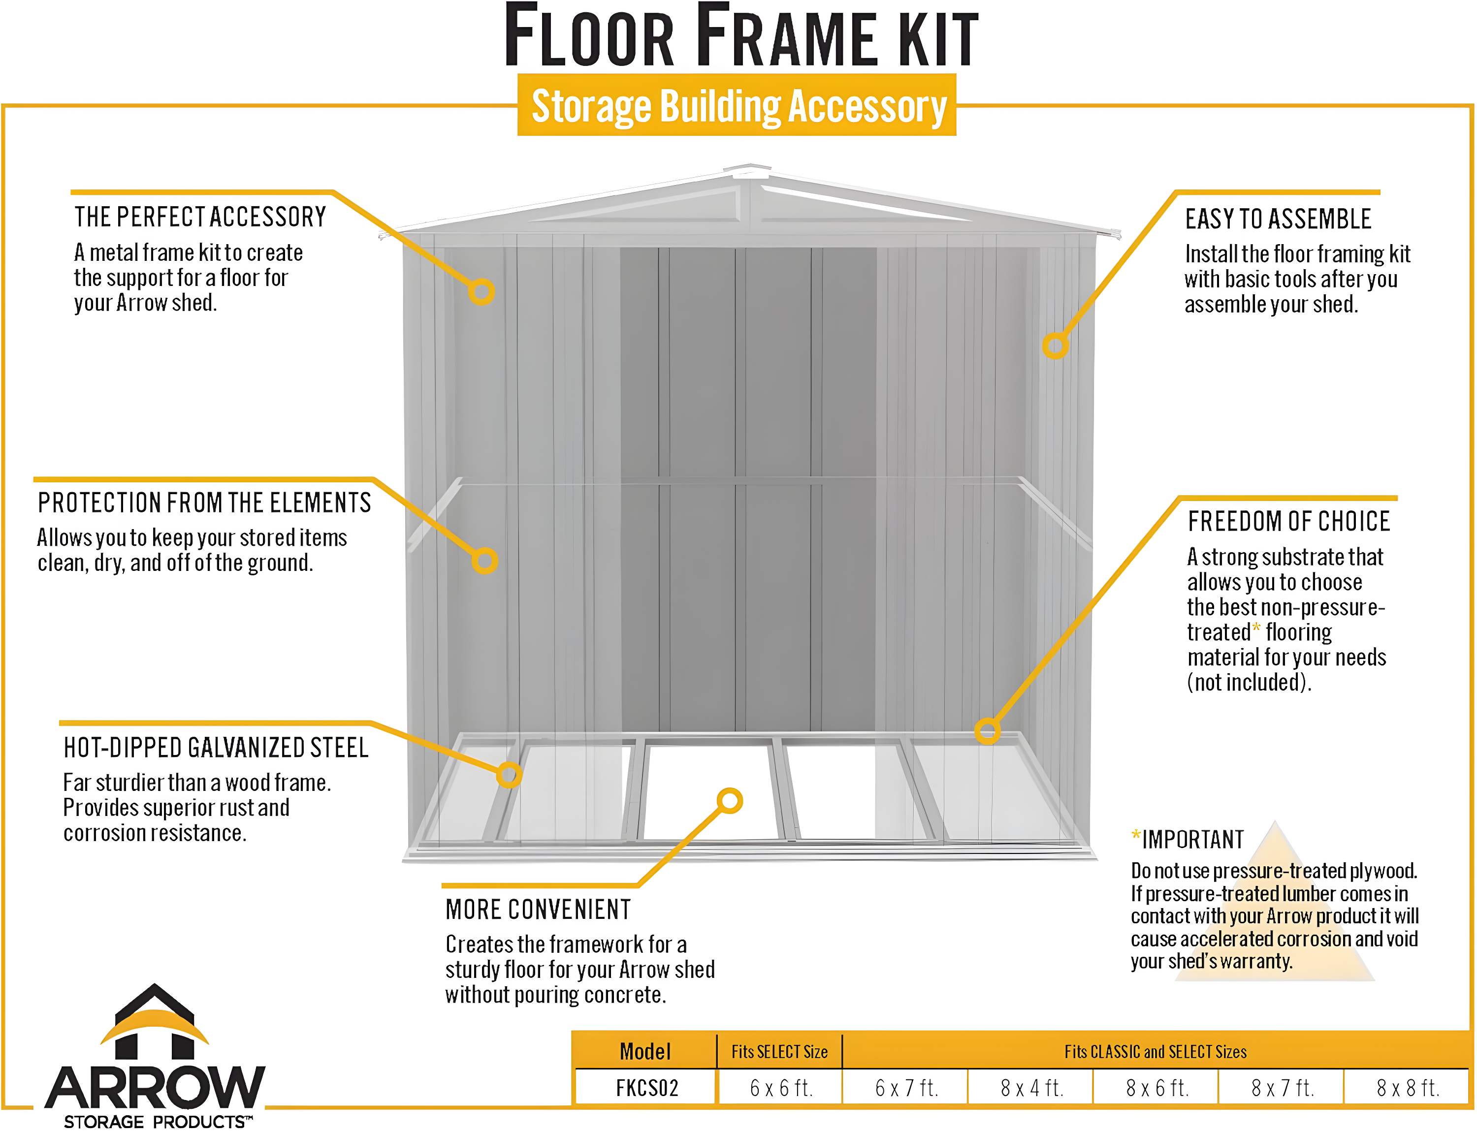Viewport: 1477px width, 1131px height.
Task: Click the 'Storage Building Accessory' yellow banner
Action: coord(738,106)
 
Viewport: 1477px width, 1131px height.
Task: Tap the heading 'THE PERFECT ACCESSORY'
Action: coord(200,217)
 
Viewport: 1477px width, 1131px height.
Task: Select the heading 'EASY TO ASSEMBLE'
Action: coord(1277,219)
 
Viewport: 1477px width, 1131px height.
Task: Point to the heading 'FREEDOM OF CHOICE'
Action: coord(1288,521)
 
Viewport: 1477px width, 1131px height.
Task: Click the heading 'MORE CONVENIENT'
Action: coord(538,910)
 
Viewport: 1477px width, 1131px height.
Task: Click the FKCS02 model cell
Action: coord(646,1088)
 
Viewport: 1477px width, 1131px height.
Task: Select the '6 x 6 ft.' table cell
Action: coord(780,1088)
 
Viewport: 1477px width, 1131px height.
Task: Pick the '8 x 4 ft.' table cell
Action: coord(1031,1088)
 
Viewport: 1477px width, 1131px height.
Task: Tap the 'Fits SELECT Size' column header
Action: coord(779,1052)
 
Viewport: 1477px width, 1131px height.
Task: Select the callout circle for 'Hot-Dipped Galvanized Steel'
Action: coord(509,774)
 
